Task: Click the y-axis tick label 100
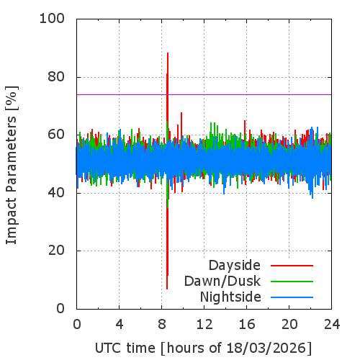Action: click(52, 19)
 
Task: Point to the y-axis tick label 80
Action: click(56, 77)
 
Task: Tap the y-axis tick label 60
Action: click(56, 135)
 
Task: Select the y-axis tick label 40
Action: click(56, 193)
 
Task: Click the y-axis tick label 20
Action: click(56, 251)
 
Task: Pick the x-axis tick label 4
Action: click(120, 325)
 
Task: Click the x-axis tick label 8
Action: click(162, 325)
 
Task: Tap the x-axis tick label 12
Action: click(204, 325)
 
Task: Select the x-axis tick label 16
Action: click(247, 325)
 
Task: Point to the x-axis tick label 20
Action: click(289, 325)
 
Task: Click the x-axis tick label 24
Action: click(332, 325)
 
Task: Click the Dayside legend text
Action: click(235, 266)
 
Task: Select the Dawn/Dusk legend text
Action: click(222, 282)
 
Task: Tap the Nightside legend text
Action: click(230, 297)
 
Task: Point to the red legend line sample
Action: click(292, 266)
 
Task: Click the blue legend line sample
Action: click(292, 297)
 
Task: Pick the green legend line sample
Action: click(292, 282)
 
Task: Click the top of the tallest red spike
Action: click(168, 53)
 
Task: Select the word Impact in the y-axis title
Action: click(11, 220)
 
